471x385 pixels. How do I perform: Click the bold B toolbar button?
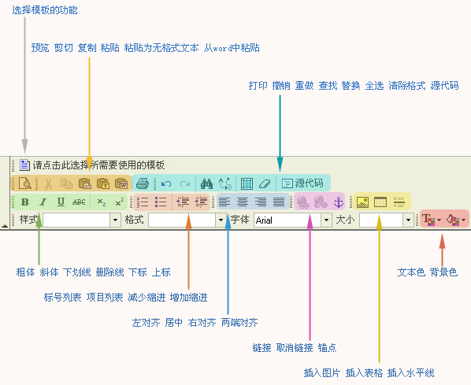[x=25, y=202]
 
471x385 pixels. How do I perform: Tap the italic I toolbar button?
[x=43, y=202]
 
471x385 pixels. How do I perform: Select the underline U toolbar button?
[x=61, y=202]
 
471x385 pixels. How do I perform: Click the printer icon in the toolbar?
[x=143, y=183]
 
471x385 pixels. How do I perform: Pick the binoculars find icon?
[x=206, y=183]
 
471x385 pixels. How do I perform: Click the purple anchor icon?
[x=339, y=202]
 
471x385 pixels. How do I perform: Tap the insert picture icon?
[x=362, y=202]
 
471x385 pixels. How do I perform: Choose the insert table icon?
[x=380, y=202]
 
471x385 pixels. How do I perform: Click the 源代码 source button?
[x=302, y=183]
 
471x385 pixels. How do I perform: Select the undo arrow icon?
[x=166, y=183]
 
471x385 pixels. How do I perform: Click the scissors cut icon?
[x=48, y=183]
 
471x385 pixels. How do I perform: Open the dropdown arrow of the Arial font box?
[x=326, y=220]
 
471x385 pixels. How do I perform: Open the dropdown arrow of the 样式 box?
[x=115, y=220]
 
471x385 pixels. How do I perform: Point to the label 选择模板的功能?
[x=45, y=10]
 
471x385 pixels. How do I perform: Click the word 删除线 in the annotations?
[x=109, y=272]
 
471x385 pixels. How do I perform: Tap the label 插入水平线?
[x=410, y=373]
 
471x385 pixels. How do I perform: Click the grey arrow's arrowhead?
[x=25, y=146]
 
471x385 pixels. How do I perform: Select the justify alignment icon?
[x=279, y=202]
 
